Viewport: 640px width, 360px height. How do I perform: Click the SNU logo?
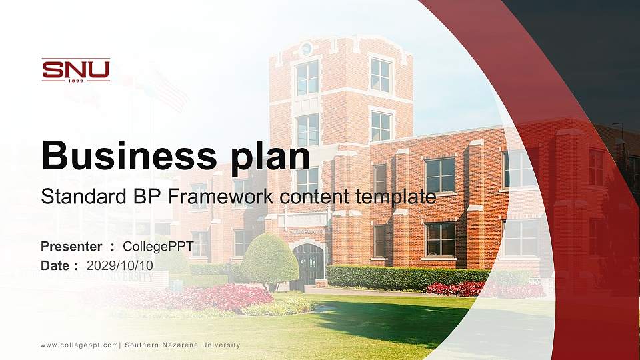click(x=75, y=69)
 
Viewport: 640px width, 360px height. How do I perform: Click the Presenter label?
click(x=71, y=247)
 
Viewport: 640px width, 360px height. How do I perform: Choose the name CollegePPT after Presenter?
click(x=159, y=247)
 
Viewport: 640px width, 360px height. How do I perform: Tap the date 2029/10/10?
click(x=120, y=265)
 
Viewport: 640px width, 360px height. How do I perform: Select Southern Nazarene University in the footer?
click(x=185, y=345)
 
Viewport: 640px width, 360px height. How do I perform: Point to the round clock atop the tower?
click(x=307, y=49)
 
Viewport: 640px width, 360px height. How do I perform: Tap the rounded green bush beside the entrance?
click(x=269, y=259)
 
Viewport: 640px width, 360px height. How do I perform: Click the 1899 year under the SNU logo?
click(x=76, y=81)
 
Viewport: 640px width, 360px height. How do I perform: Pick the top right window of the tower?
click(x=381, y=75)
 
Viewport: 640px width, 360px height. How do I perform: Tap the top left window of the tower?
click(x=307, y=78)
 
